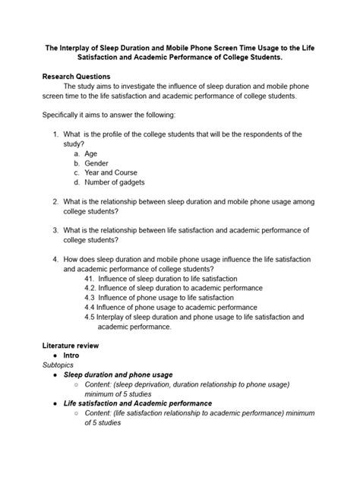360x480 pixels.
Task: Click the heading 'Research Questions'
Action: click(76, 77)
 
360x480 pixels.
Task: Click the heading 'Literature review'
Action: click(71, 346)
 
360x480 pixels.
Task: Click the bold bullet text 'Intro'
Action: click(73, 355)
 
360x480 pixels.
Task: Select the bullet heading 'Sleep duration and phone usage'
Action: click(118, 374)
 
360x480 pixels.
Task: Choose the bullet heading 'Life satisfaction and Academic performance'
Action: click(137, 403)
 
